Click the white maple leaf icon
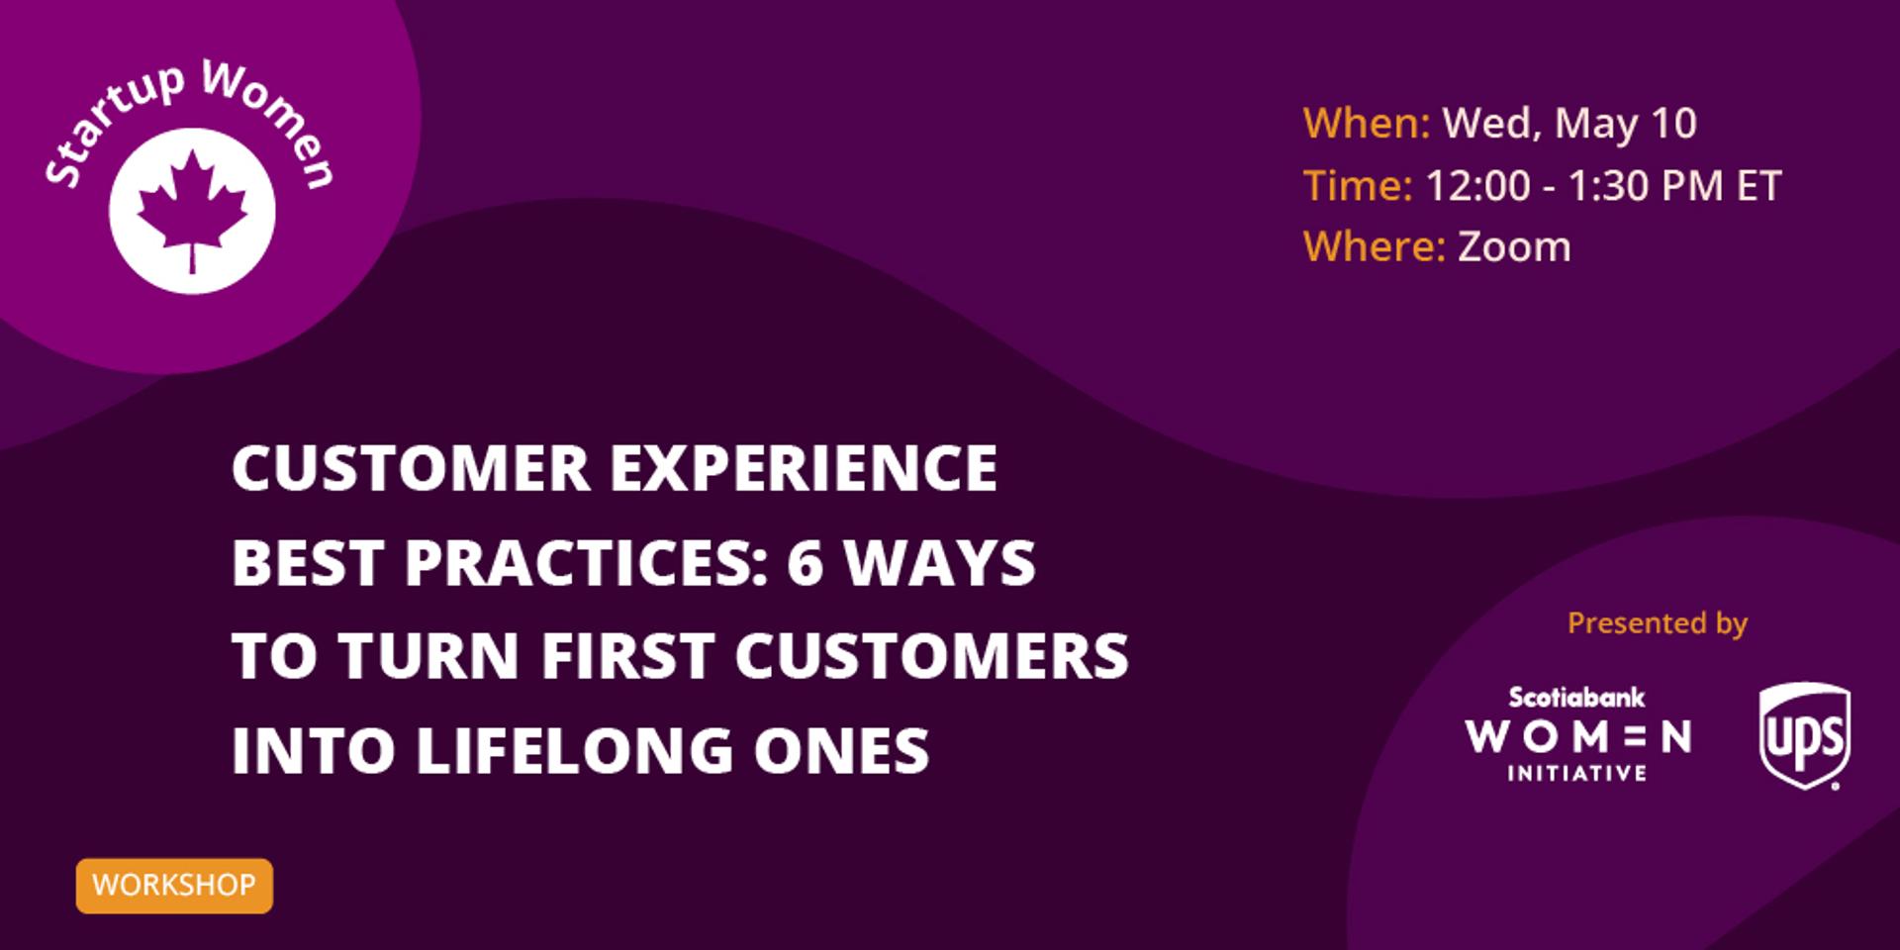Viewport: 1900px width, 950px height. point(192,211)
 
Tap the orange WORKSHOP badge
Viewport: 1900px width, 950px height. point(174,885)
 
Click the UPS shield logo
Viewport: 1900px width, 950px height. point(1805,735)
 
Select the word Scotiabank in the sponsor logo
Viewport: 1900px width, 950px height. point(1576,698)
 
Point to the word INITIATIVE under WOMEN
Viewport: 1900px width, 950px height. point(1576,773)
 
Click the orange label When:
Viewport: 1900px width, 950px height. point(1367,124)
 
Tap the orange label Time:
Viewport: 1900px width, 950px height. point(1358,186)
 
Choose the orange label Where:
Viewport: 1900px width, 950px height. point(1375,246)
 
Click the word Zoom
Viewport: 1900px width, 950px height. point(1514,246)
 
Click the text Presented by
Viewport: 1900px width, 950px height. point(1658,623)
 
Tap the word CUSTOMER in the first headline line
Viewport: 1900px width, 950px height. point(411,467)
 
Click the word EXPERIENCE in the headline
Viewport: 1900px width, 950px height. point(804,467)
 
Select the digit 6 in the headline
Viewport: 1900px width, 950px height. point(806,562)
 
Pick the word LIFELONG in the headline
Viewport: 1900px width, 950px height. point(575,751)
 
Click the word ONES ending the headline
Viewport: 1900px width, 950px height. point(841,751)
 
